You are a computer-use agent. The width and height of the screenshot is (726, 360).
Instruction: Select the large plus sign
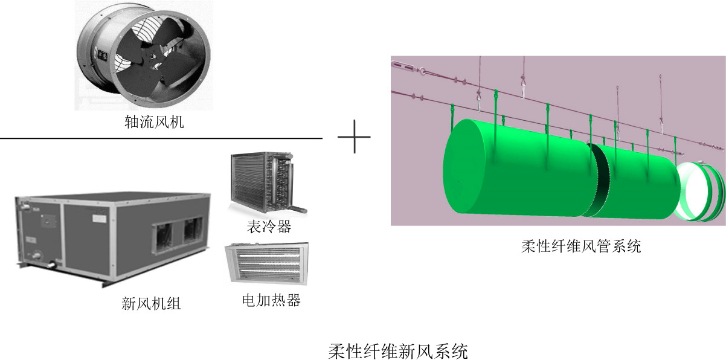click(x=354, y=136)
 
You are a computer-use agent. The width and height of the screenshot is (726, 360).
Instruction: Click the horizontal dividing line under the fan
click(x=161, y=138)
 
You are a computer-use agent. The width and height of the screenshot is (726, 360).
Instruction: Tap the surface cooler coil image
click(x=266, y=185)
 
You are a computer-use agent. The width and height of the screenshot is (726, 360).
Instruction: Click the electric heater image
click(x=266, y=263)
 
